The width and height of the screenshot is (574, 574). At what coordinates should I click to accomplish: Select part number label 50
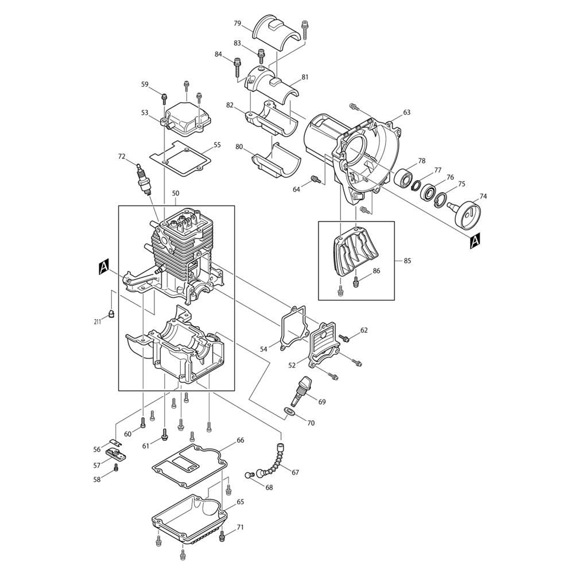[176, 195]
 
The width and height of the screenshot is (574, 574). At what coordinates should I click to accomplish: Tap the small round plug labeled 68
[251, 475]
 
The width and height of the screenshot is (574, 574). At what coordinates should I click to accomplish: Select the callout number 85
[408, 261]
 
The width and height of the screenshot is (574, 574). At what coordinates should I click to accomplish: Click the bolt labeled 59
[164, 96]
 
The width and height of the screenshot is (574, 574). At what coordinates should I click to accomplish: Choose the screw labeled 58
[116, 469]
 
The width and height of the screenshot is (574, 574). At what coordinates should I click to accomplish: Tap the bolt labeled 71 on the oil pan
[222, 535]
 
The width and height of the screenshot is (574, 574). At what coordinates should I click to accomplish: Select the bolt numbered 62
[346, 339]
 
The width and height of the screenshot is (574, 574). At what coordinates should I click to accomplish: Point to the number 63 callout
[407, 113]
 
